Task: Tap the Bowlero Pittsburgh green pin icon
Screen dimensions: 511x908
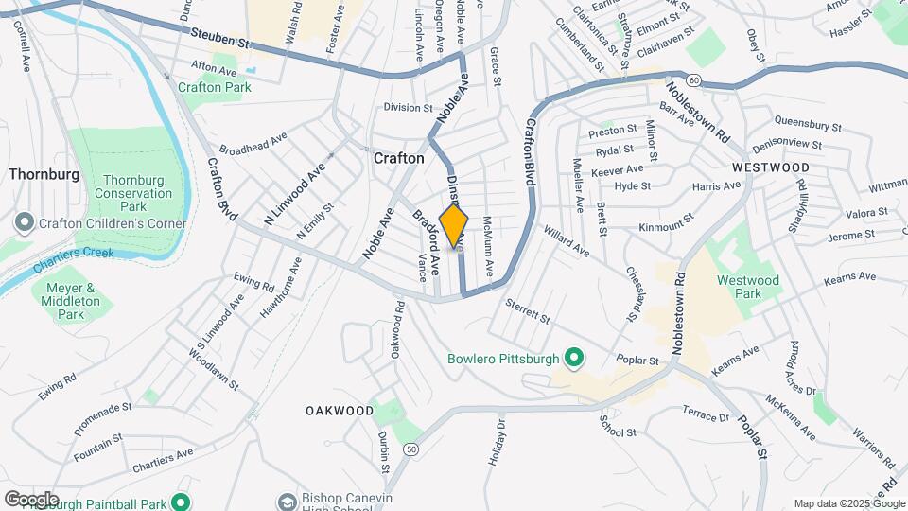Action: (x=572, y=359)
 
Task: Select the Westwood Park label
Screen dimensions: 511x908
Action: (x=747, y=287)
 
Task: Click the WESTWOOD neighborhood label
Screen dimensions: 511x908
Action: (x=770, y=167)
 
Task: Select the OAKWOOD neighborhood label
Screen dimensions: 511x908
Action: (x=340, y=411)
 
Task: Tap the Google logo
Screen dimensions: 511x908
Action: (x=31, y=499)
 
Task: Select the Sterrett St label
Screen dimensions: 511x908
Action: (x=528, y=312)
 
